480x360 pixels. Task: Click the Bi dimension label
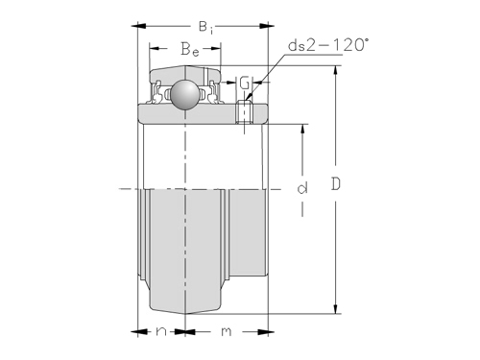205,27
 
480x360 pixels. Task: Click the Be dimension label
190,49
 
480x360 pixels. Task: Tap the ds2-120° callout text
327,45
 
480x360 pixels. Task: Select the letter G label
245,83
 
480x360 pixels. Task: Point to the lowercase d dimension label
302,188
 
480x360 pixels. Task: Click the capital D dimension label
336,184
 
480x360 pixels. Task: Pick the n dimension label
161,331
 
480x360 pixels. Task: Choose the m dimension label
227,331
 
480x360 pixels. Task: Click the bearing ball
184,94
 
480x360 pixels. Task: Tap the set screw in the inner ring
245,111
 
